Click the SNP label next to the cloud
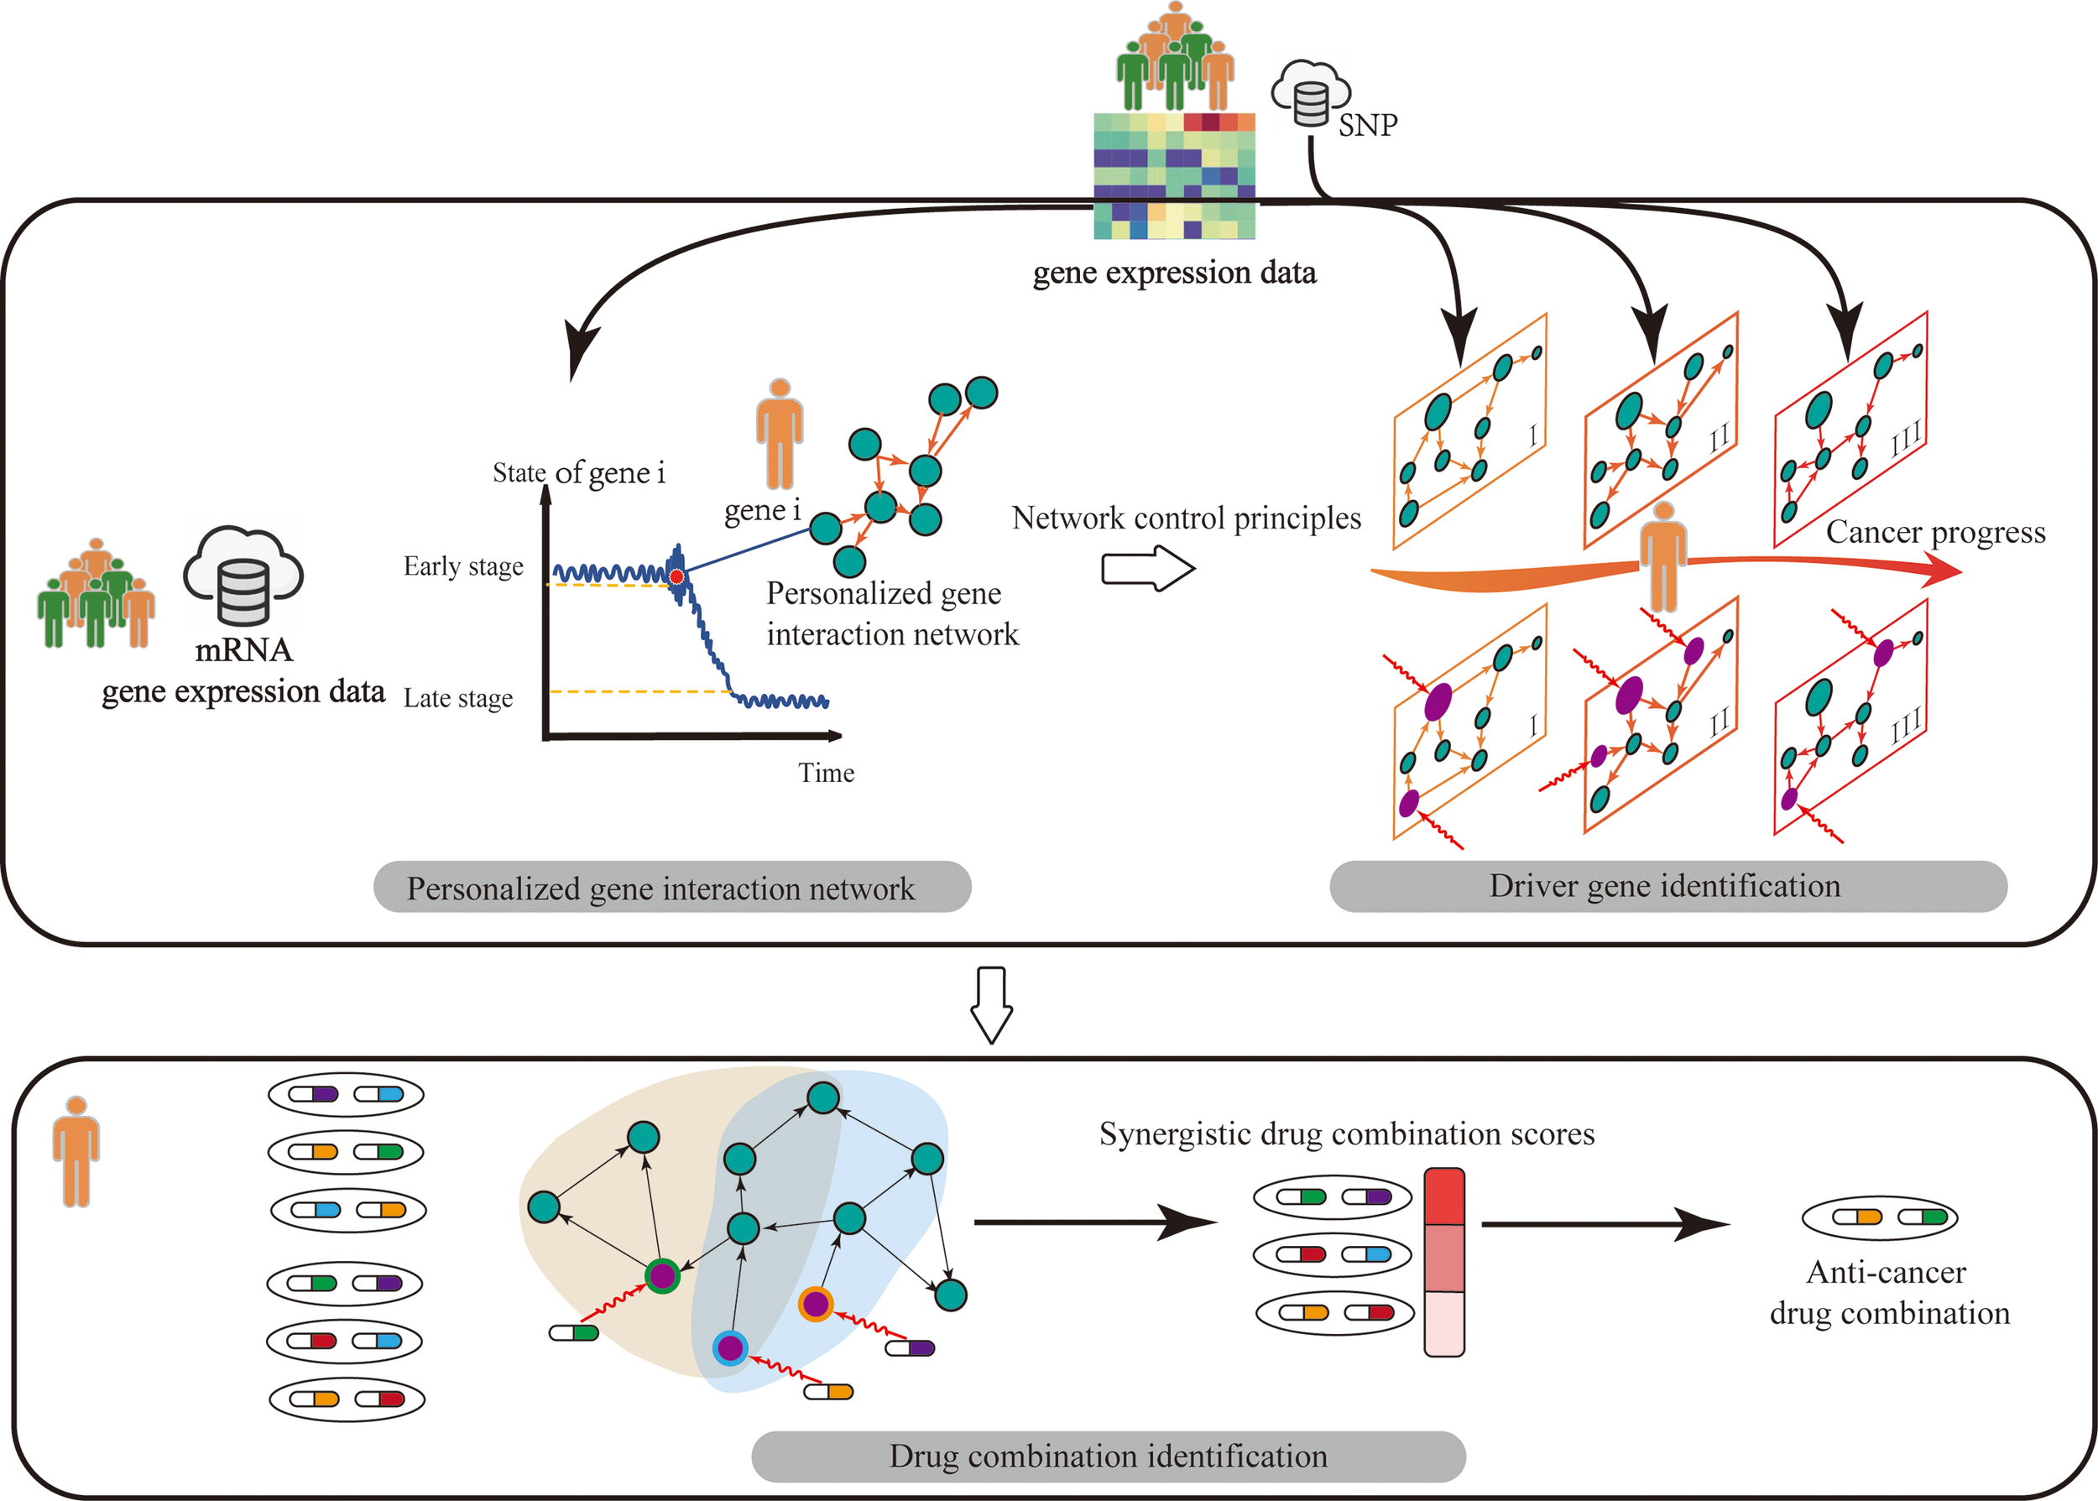pyautogui.click(x=1367, y=125)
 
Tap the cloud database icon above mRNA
pyautogui.click(x=243, y=576)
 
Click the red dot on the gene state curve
pyautogui.click(x=676, y=576)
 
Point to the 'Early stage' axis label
pyautogui.click(x=463, y=566)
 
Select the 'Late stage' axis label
pyautogui.click(x=457, y=699)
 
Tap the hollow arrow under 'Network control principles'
pyautogui.click(x=1147, y=568)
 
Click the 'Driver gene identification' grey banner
pyautogui.click(x=1667, y=886)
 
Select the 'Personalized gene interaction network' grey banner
pyautogui.click(x=671, y=888)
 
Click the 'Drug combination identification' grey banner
pyautogui.click(x=1108, y=1456)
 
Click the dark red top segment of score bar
pyautogui.click(x=1443, y=1197)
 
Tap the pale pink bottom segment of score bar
pyautogui.click(x=1443, y=1322)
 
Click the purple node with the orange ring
pyautogui.click(x=815, y=1304)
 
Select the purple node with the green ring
pyautogui.click(x=662, y=1275)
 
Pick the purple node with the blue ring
pyautogui.click(x=730, y=1347)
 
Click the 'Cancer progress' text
pyautogui.click(x=1935, y=533)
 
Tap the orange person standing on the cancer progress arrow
pyautogui.click(x=1662, y=556)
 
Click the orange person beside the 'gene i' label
pyautogui.click(x=779, y=433)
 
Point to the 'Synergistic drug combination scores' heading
pyautogui.click(x=1347, y=1134)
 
